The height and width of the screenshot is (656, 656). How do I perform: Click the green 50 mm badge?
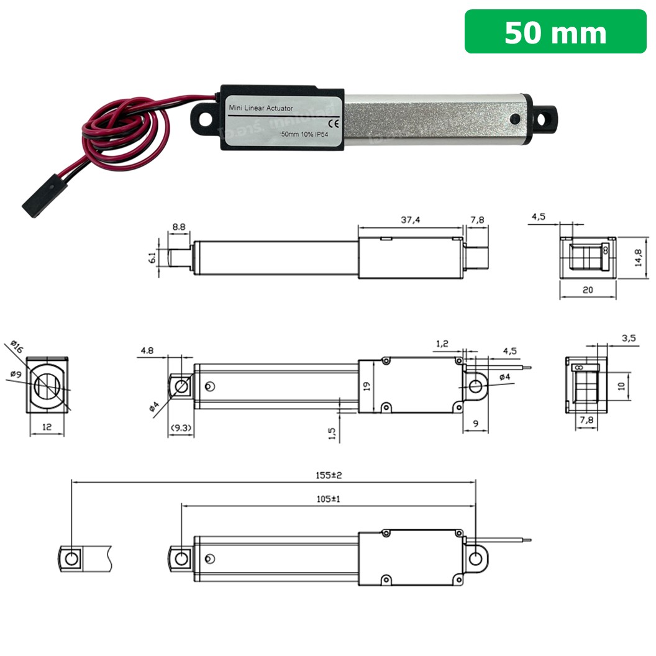555,32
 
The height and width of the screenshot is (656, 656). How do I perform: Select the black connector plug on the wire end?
38,198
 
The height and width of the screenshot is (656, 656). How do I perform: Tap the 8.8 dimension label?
179,227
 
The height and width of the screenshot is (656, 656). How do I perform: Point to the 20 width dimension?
587,289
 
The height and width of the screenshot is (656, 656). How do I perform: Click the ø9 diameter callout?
16,375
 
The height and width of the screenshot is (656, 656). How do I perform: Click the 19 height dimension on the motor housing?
367,386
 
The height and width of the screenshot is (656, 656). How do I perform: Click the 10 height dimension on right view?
621,385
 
